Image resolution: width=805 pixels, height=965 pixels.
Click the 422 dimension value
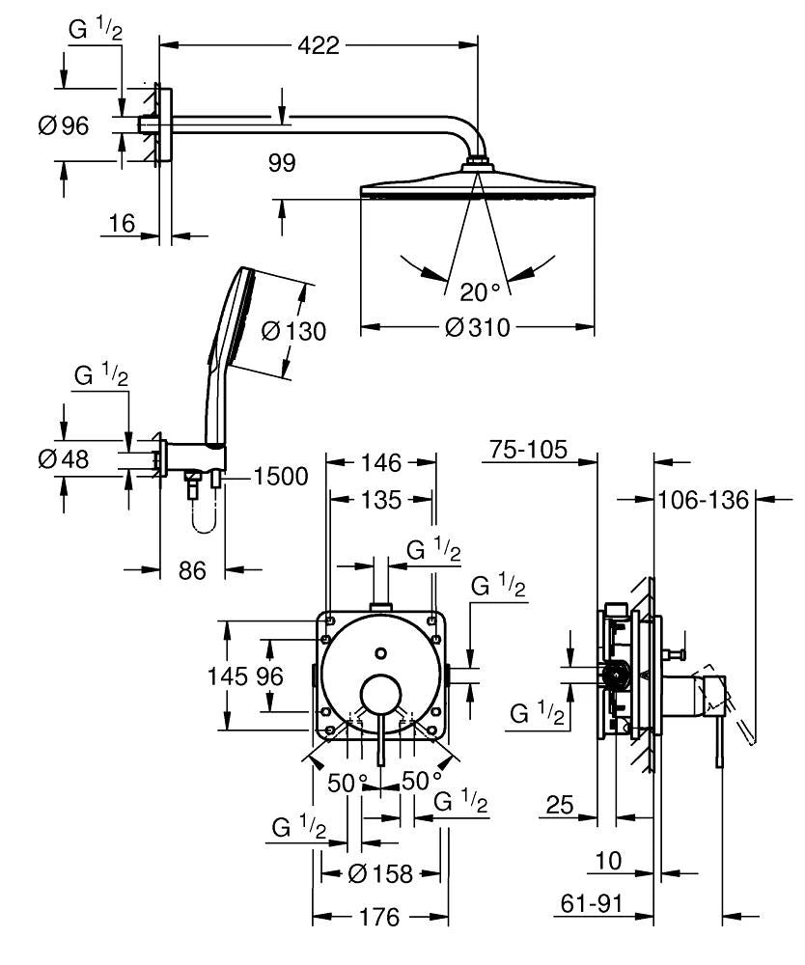318,44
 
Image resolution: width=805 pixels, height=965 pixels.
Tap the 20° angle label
480,291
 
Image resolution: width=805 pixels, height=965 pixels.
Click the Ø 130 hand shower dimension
293,331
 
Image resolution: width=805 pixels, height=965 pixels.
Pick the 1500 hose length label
282,476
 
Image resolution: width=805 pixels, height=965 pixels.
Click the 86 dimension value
193,570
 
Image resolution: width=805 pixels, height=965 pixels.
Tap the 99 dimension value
282,162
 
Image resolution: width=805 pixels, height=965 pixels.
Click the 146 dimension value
380,463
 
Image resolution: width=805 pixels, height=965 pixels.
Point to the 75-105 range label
527,450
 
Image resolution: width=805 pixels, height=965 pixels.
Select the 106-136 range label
704,500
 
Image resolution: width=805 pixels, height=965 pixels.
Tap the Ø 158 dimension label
380,874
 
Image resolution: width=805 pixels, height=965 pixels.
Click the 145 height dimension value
227,676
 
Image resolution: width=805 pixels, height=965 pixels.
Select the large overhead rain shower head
477,184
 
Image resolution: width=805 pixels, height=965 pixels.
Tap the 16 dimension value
122,224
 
